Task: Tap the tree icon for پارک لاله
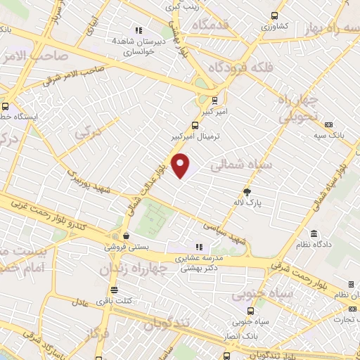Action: (x=247, y=191)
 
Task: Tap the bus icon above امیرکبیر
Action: (x=214, y=100)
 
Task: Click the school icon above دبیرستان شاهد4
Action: (x=139, y=30)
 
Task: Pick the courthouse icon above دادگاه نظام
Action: (x=313, y=233)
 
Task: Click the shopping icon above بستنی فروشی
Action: (x=125, y=236)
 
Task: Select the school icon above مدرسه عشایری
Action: (x=200, y=247)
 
